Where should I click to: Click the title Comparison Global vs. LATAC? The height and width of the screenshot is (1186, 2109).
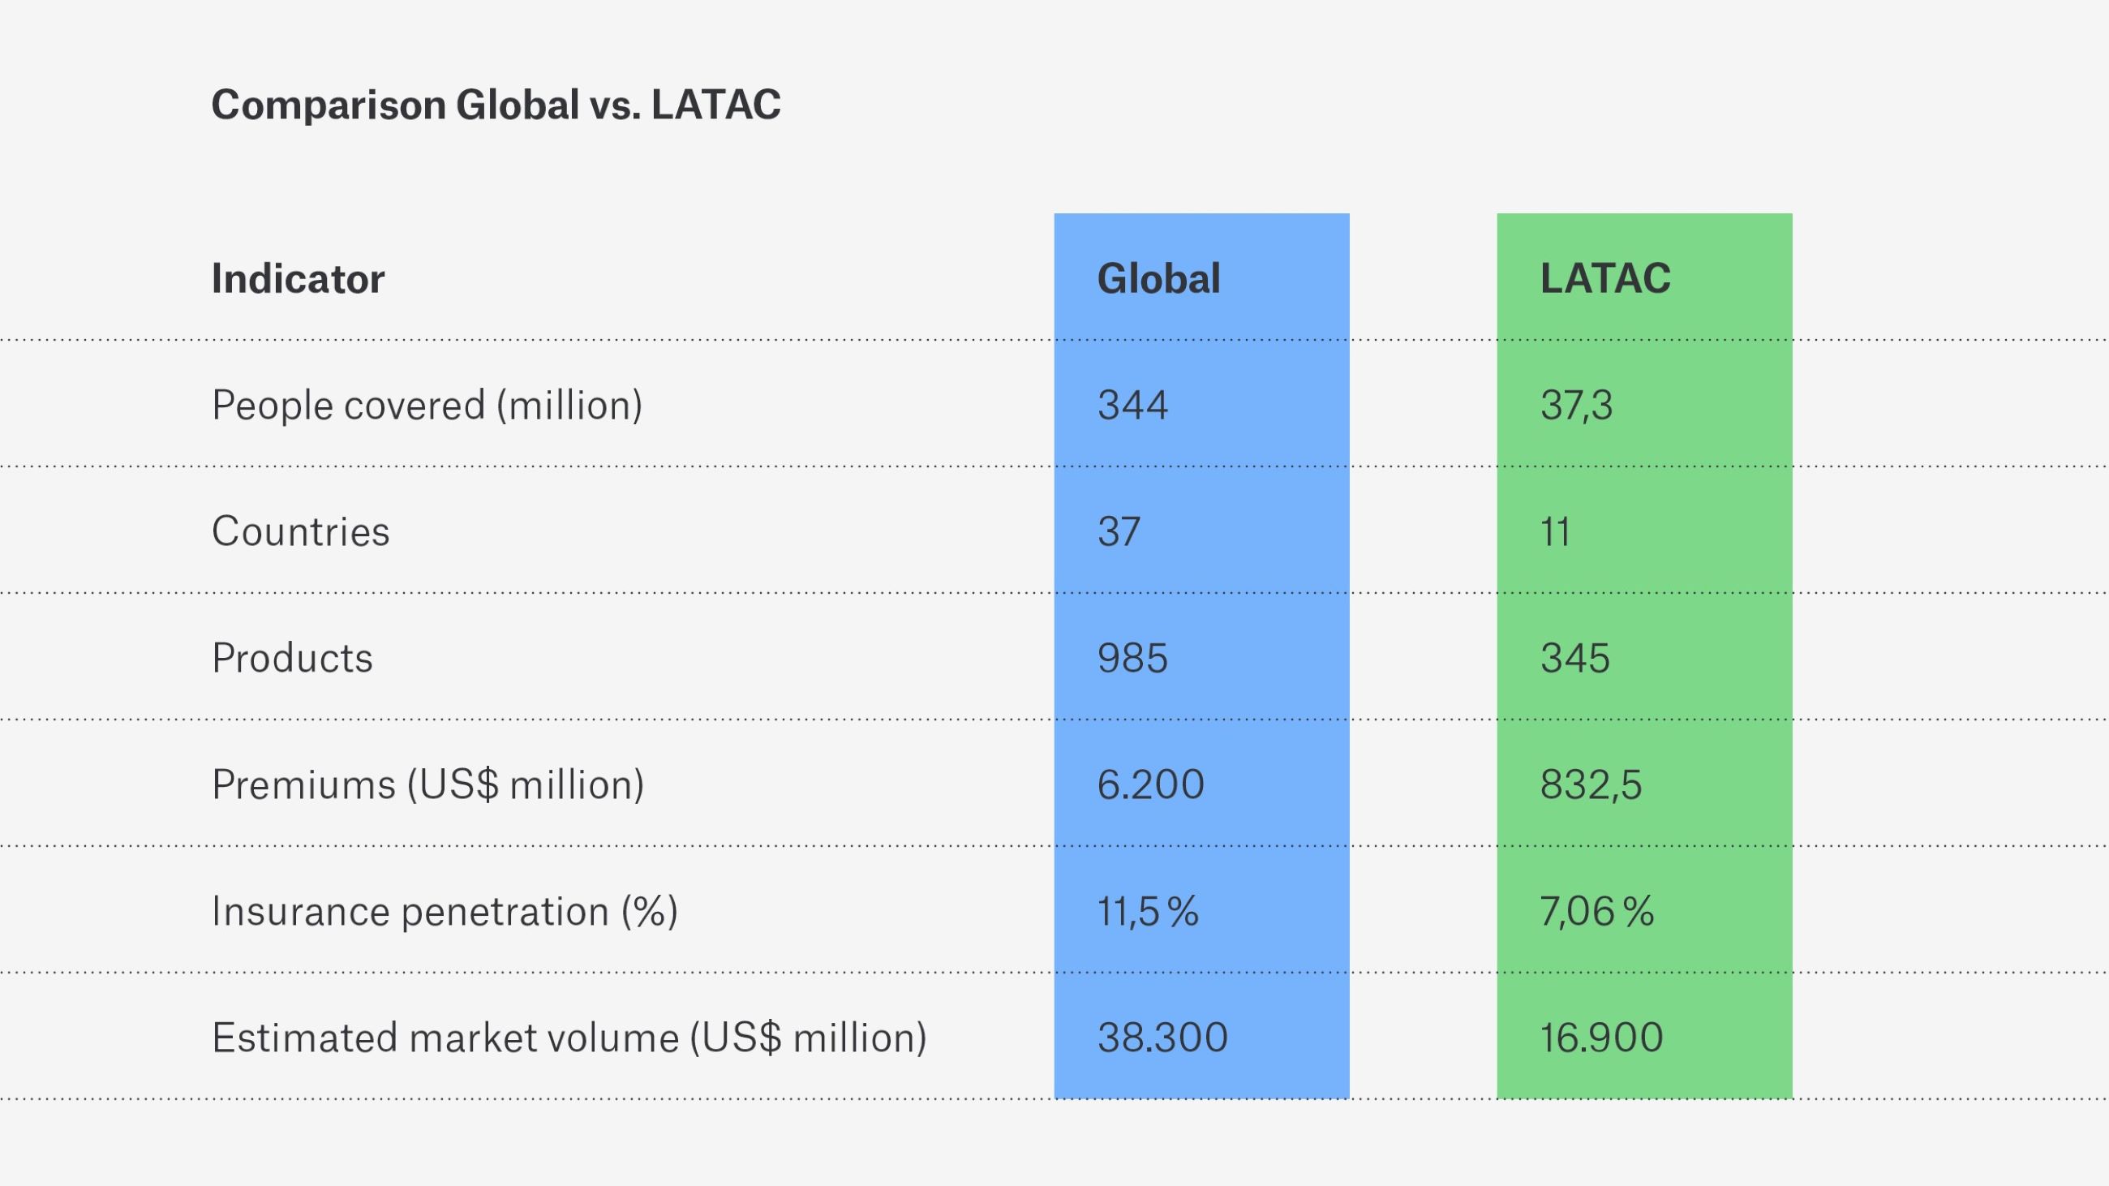(x=496, y=105)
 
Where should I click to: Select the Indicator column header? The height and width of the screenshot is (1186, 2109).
(x=298, y=278)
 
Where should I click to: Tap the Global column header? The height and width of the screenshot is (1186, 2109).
(x=1158, y=278)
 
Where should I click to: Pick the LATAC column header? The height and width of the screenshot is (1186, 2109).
(x=1604, y=278)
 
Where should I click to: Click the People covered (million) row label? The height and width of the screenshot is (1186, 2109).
(x=427, y=405)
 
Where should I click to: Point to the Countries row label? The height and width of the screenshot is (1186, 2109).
(x=300, y=531)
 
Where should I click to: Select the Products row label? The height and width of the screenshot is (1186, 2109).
(x=292, y=658)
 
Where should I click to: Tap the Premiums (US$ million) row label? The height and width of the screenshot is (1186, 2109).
(x=427, y=784)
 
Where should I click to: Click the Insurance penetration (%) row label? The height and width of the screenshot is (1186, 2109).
(x=445, y=911)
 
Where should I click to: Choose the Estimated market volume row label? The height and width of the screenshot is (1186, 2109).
(x=569, y=1038)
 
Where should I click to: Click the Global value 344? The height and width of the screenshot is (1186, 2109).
(x=1132, y=405)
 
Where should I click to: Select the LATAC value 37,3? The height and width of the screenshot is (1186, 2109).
(x=1576, y=405)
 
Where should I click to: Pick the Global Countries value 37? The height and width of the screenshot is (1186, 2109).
(x=1119, y=531)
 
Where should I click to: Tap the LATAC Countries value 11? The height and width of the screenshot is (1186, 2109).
(x=1555, y=531)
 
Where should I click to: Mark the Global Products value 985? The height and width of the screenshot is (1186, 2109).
(x=1132, y=658)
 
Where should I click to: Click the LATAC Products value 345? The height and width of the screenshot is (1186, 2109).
(x=1575, y=658)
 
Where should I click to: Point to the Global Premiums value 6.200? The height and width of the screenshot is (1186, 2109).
(x=1150, y=784)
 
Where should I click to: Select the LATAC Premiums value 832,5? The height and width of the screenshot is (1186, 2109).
(x=1591, y=784)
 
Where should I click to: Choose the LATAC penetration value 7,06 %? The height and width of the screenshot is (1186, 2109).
(x=1596, y=911)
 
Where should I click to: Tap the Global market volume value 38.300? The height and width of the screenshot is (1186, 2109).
(x=1162, y=1038)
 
